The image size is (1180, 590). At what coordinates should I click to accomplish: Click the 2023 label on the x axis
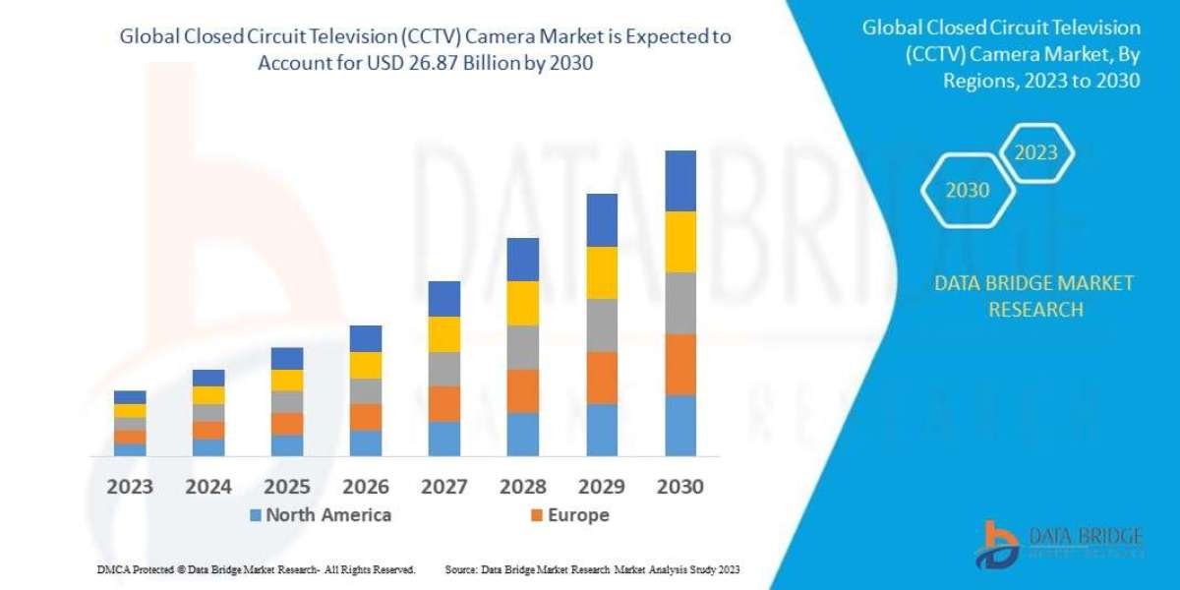tap(130, 486)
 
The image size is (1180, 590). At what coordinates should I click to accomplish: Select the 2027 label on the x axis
tap(444, 486)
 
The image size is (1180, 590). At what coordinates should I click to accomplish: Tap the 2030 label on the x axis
tap(679, 486)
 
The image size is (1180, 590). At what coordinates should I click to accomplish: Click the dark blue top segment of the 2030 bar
tap(679, 181)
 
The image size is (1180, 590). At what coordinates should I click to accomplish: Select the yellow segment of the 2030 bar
tap(679, 242)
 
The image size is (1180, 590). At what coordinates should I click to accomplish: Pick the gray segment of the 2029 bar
tap(602, 325)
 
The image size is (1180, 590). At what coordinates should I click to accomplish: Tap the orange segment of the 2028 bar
tap(523, 390)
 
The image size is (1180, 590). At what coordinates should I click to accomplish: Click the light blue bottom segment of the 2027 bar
tap(444, 439)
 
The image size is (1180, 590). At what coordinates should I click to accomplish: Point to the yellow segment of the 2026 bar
tap(366, 366)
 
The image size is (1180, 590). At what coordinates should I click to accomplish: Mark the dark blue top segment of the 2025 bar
tap(287, 358)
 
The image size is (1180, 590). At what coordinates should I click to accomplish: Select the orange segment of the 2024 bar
tap(208, 430)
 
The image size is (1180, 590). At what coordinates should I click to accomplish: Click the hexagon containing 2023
tap(1035, 152)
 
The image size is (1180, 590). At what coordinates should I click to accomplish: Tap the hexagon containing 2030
tap(968, 191)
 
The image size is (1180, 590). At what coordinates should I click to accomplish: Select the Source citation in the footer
tap(592, 569)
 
